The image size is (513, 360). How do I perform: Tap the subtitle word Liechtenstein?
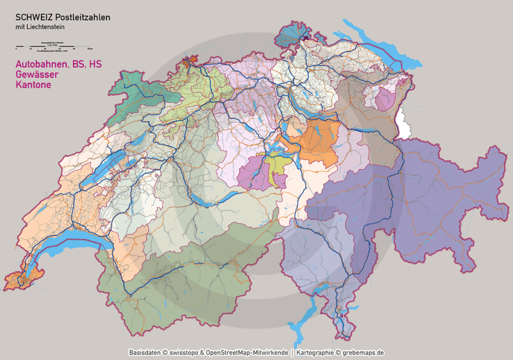49,27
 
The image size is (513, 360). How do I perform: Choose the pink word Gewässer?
37,75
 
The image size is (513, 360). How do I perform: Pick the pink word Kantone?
33,85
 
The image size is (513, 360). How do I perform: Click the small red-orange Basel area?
189,63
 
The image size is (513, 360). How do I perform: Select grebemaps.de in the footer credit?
363,353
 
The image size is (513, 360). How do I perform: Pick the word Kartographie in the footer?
315,353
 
